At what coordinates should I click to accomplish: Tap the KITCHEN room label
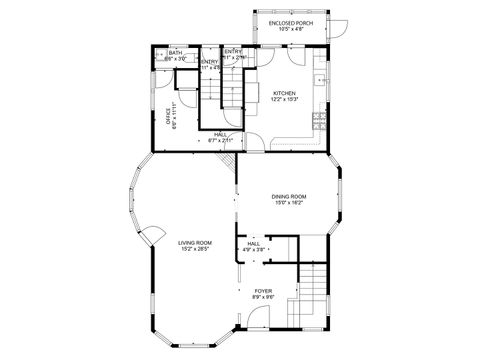tap(284, 93)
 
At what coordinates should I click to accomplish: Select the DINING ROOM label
tap(289, 197)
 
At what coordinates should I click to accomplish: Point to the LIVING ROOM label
tap(195, 243)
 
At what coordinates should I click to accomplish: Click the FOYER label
tap(263, 291)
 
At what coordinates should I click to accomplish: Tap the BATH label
tap(175, 53)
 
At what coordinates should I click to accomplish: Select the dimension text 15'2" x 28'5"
tap(195, 249)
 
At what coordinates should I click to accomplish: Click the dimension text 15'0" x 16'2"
tap(289, 203)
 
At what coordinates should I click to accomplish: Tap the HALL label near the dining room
tap(254, 243)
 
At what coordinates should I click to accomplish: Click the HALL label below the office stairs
tap(220, 135)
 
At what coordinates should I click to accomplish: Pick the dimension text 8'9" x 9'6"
tap(263, 297)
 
